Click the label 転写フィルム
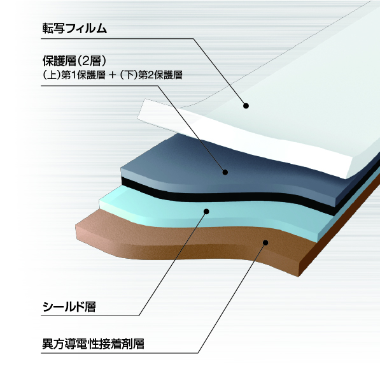[74, 29]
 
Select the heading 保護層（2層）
[74, 61]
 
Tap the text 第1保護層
[83, 75]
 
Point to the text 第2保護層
[160, 75]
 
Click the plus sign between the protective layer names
[113, 75]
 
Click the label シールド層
[69, 307]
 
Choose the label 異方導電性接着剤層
[94, 344]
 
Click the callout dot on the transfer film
[246, 106]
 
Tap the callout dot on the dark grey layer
[225, 172]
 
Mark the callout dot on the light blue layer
[206, 212]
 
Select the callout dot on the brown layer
[265, 242]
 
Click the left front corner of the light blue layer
[99, 201]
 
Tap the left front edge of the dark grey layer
[122, 171]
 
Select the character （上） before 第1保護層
[52, 75]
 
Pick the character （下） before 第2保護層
[129, 75]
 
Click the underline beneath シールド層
[90, 316]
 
